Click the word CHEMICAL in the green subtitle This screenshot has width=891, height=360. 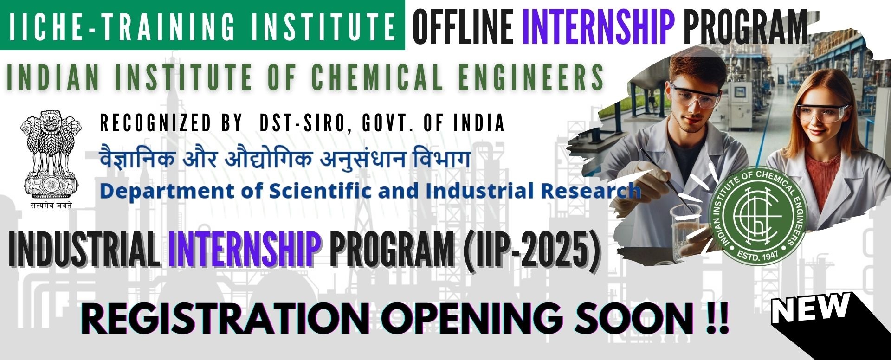coord(377,76)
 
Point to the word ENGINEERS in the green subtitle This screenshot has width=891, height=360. coord(531,76)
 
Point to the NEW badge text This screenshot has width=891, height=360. coord(811,308)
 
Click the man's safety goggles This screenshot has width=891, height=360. coord(695,96)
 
